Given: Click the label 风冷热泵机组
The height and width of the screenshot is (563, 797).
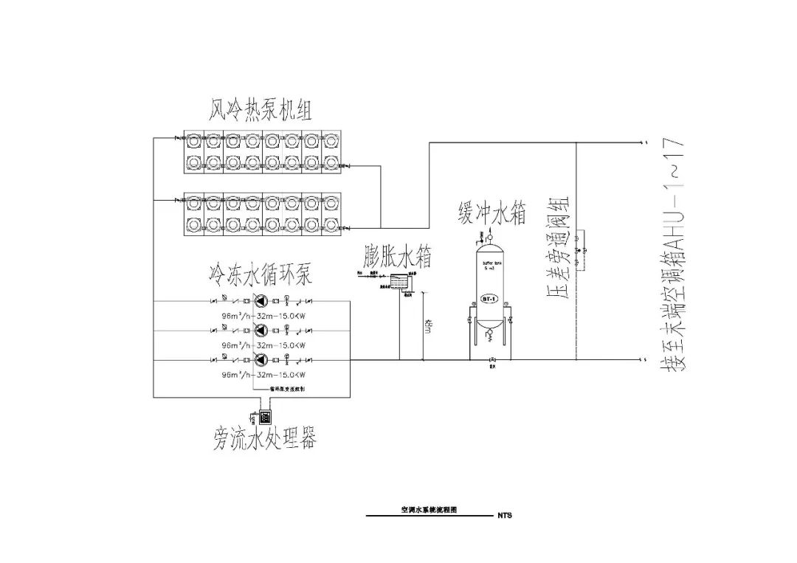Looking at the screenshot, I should [260, 111].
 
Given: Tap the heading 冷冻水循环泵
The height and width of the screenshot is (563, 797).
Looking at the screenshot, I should [260, 276].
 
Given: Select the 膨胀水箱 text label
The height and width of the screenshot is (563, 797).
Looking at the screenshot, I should [398, 256].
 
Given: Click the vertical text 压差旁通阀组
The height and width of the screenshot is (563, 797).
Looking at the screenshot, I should [559, 251].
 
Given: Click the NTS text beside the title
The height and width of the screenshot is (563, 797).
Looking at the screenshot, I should [505, 516].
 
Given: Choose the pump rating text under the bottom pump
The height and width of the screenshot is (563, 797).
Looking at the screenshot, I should [263, 374].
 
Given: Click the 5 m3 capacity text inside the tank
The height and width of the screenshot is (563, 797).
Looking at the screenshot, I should [488, 266].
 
